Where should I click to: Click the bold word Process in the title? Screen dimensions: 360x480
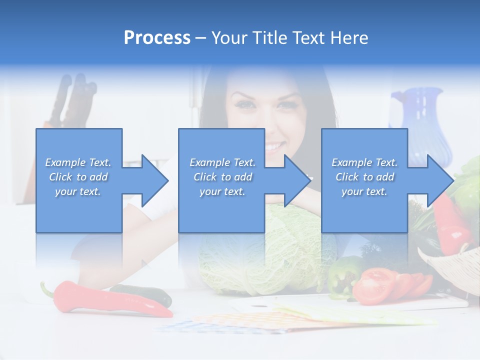[157, 38]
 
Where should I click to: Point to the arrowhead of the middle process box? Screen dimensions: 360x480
[294, 180]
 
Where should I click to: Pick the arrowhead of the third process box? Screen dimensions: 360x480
[437, 180]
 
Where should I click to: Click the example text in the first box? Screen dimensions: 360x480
[78, 177]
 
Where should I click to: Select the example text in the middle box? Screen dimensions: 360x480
[222, 177]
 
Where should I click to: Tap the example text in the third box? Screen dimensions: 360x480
[364, 177]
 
